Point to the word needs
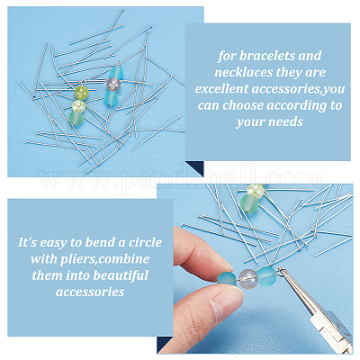(x=287, y=121)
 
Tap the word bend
(x=101, y=242)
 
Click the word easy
(x=54, y=243)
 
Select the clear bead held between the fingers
(x=247, y=279)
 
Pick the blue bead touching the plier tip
(x=266, y=277)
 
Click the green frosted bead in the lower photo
(x=249, y=204)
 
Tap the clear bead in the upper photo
(x=113, y=85)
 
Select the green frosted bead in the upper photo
(x=76, y=119)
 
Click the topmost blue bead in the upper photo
(x=116, y=74)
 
